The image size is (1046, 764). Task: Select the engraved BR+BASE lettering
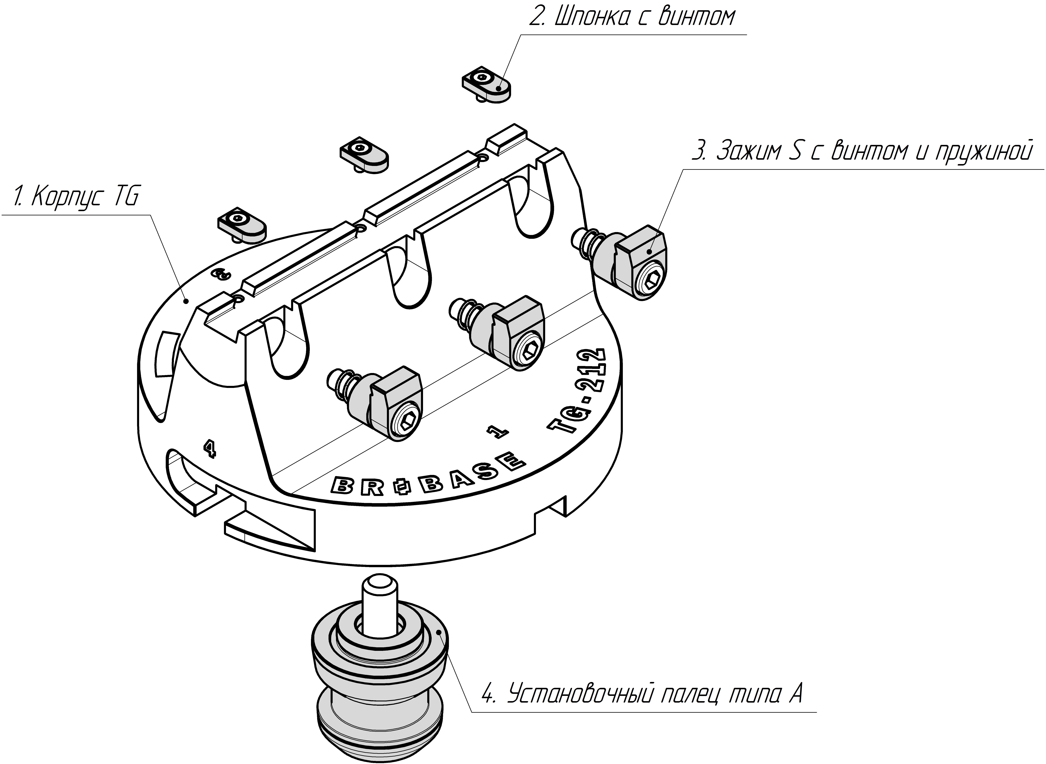pyautogui.click(x=428, y=475)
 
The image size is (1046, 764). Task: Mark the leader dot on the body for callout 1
pyautogui.click(x=185, y=301)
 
